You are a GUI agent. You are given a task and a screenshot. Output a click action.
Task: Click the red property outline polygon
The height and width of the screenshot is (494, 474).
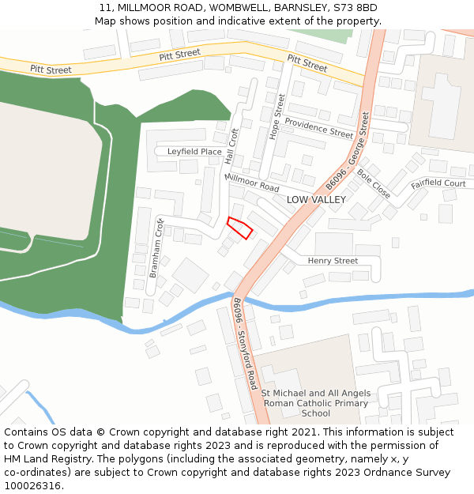pos(239,227)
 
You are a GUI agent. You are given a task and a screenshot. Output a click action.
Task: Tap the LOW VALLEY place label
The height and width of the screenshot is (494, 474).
pos(316,200)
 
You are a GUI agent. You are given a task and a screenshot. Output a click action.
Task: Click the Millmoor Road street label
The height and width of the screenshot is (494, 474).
pos(252,183)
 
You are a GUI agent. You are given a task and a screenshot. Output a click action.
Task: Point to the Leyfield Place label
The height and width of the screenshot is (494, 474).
pos(194,152)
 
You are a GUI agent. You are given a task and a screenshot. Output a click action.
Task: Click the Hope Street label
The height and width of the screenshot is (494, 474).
pos(277,117)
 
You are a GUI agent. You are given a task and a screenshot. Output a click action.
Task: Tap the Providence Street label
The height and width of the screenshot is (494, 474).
pos(318,128)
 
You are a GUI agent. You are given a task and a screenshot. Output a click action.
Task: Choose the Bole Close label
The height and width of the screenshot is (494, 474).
pos(373,183)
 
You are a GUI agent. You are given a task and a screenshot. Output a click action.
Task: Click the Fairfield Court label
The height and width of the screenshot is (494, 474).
pos(438,184)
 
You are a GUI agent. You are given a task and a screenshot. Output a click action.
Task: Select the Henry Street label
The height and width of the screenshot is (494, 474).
pos(333,261)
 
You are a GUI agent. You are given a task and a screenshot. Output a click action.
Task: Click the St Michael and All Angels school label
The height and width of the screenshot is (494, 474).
pos(316,403)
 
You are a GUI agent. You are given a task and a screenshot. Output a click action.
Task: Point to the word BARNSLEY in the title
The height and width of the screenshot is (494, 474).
pos(300,8)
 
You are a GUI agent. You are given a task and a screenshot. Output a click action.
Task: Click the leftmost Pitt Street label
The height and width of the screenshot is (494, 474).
pos(51,70)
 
